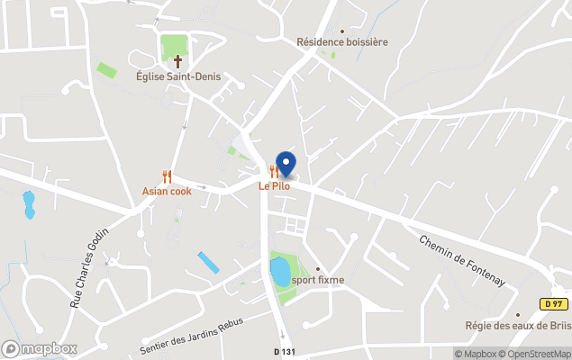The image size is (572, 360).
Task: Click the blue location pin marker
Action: tap(286, 164)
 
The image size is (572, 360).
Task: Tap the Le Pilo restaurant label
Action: tap(274, 186)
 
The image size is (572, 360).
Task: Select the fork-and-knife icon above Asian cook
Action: tap(167, 176)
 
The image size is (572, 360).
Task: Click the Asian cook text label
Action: tap(167, 192)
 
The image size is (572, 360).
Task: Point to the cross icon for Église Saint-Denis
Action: tap(177, 61)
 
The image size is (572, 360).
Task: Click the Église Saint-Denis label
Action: tap(178, 76)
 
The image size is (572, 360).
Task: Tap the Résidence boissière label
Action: tap(342, 41)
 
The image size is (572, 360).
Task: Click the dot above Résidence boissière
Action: tap(341, 30)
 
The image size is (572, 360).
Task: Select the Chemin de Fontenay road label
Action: tap(462, 261)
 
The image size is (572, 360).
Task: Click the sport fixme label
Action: tap(317, 280)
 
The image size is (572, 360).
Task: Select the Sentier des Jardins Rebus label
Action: tap(192, 335)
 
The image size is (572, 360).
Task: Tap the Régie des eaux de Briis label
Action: tap(517, 326)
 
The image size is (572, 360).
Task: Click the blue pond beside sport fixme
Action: tap(280, 270)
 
